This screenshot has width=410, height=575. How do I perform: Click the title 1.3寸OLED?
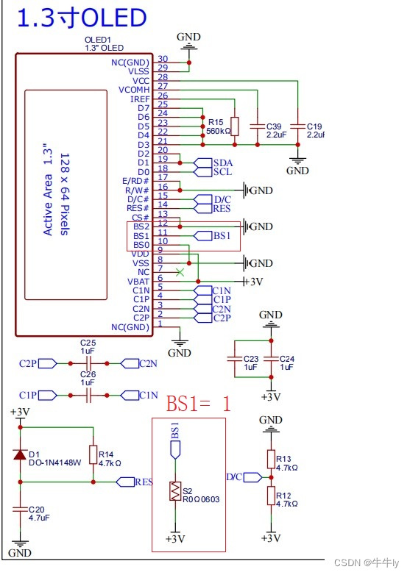81,18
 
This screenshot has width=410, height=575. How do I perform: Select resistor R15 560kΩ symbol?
235,126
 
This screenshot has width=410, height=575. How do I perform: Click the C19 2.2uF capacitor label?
314,126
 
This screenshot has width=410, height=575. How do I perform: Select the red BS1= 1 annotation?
198,404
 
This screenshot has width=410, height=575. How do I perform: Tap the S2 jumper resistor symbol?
175,491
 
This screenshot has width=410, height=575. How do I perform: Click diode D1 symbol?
20,454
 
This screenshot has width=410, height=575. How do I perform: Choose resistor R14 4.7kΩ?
93,454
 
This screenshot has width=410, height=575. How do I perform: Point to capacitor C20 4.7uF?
20,512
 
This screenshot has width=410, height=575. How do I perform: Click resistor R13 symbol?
270,460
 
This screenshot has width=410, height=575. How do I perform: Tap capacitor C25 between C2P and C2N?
88,362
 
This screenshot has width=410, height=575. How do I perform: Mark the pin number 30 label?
163,60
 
